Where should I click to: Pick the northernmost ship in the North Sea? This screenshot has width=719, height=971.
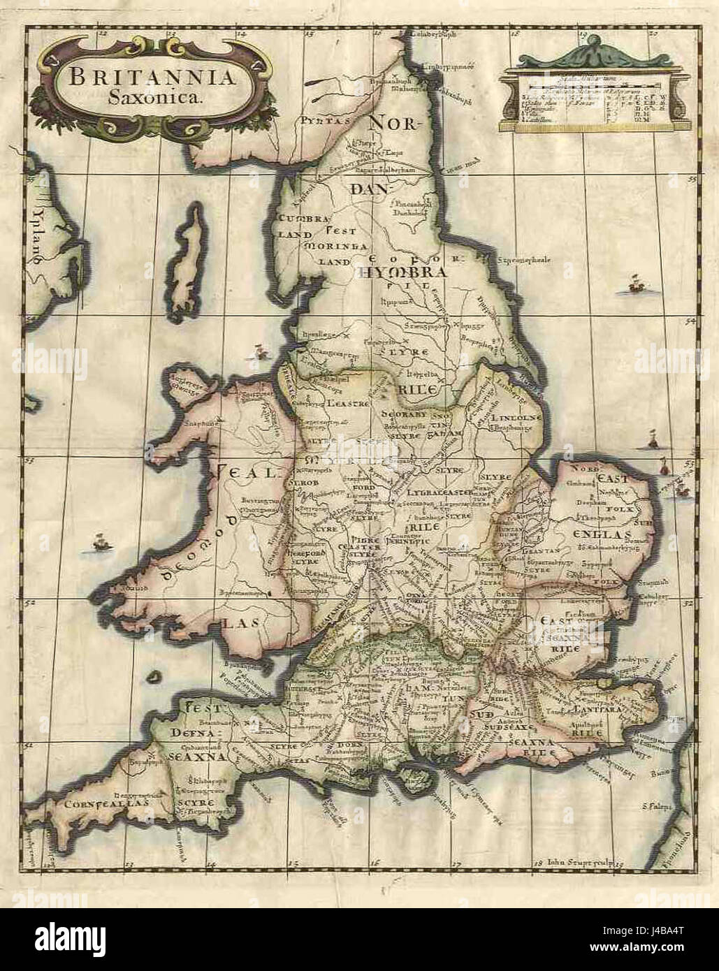pos(637,282)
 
